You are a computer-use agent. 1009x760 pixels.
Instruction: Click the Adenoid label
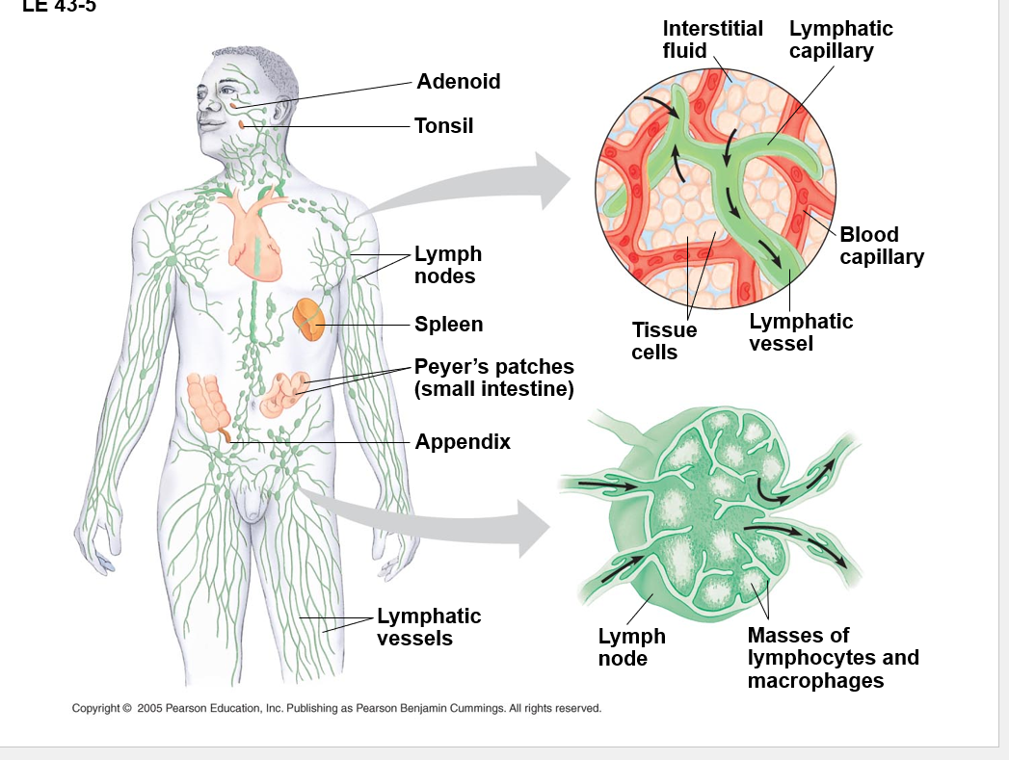pyautogui.click(x=458, y=82)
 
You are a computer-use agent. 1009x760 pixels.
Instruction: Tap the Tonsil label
pyautogui.click(x=443, y=126)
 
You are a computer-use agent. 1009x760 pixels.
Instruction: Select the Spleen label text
pyautogui.click(x=448, y=325)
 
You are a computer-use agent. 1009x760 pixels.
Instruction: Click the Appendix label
pyautogui.click(x=463, y=442)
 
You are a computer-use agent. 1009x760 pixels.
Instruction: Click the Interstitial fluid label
pyautogui.click(x=712, y=39)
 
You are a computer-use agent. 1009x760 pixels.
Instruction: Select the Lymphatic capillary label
pyautogui.click(x=840, y=39)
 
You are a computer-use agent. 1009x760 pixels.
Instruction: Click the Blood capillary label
pyautogui.click(x=881, y=246)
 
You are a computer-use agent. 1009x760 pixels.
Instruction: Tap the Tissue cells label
pyautogui.click(x=663, y=341)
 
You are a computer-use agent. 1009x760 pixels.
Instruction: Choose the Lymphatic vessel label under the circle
pyautogui.click(x=800, y=332)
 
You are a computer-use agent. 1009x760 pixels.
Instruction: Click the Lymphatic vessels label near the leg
pyautogui.click(x=428, y=627)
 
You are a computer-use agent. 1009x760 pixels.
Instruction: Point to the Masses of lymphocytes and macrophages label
pyautogui.click(x=833, y=658)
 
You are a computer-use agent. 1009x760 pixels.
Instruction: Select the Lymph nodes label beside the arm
pyautogui.click(x=447, y=265)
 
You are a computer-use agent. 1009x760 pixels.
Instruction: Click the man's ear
pyautogui.click(x=279, y=109)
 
